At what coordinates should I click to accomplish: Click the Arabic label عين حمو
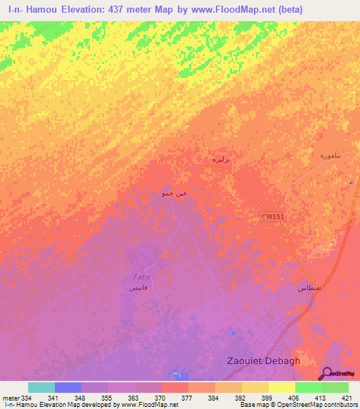174,193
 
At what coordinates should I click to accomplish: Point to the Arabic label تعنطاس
309,288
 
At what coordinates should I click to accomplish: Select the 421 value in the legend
347,397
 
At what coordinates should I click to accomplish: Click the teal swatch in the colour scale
41,387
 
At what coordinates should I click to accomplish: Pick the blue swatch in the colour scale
67,387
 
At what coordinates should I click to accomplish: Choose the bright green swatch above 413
308,387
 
